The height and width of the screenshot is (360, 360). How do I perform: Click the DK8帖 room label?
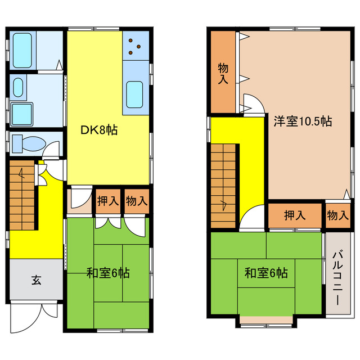tap(98, 130)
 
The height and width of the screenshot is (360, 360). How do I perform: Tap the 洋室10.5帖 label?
tap(302, 121)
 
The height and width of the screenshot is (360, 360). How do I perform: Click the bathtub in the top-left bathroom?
tap(22, 50)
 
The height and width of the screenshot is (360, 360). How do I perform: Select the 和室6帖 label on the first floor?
tap(108, 274)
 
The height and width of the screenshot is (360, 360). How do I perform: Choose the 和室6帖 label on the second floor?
tap(266, 273)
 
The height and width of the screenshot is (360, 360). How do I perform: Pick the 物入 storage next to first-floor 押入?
tap(137, 201)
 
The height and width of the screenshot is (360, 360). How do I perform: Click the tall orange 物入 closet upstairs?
tap(223, 73)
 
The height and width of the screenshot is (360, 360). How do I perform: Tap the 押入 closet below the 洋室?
tap(295, 215)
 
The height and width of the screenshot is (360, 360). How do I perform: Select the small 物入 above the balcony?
tap(337, 215)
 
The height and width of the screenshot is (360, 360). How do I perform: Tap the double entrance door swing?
tap(34, 313)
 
